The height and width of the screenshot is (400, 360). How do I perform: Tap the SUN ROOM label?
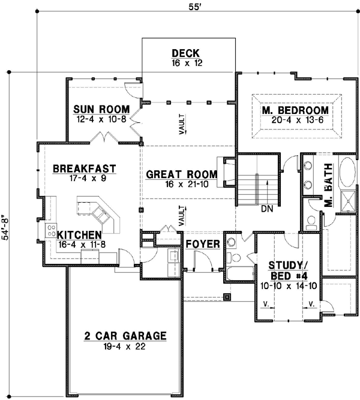(102, 109)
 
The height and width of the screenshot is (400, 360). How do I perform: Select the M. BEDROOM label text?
(296, 110)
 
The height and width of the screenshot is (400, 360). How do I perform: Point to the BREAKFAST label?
(84, 169)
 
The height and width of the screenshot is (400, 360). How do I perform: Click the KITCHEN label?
(79, 234)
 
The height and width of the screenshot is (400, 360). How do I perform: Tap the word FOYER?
(201, 245)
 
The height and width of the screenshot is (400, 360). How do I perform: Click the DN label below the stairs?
(268, 209)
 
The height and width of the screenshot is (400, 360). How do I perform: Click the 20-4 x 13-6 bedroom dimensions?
(296, 121)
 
